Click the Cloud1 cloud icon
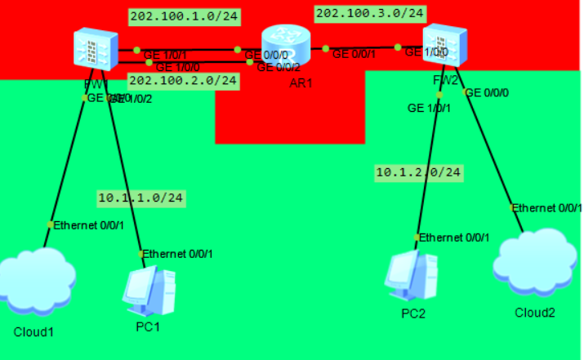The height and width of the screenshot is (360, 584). click(33, 282)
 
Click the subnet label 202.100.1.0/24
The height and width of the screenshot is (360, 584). click(183, 16)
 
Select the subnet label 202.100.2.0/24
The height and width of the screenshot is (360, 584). click(183, 80)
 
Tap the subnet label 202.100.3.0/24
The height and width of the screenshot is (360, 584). click(370, 13)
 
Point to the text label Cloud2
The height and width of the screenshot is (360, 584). click(534, 313)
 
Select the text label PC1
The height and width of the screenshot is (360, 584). click(147, 327)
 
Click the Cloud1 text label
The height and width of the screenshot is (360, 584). click(33, 332)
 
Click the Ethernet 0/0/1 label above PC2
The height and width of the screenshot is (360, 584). click(454, 238)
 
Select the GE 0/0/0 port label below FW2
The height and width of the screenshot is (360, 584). click(490, 93)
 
